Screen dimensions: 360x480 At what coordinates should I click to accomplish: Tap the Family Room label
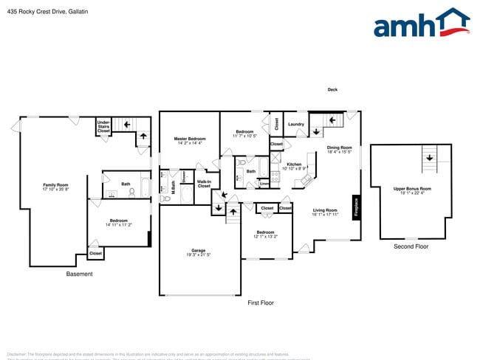[x=55, y=187]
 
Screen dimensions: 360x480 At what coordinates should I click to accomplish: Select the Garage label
[x=199, y=252]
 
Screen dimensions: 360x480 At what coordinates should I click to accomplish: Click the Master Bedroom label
[x=190, y=140]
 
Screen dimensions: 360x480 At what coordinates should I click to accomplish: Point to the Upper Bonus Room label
[x=412, y=190]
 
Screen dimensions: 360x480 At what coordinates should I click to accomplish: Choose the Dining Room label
[x=340, y=150]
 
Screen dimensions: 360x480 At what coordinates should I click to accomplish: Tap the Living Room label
[x=325, y=212]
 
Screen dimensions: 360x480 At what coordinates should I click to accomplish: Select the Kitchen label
[x=295, y=166]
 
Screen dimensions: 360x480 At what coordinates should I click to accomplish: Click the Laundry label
[x=296, y=124]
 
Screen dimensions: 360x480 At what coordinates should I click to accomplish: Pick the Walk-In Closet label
[x=204, y=184]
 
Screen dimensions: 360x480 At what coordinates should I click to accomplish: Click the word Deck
[x=332, y=90]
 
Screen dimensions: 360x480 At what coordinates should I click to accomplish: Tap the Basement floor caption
[x=79, y=274]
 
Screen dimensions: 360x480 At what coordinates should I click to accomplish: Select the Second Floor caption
[x=412, y=246]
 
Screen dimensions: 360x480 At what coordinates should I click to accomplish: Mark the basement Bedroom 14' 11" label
[x=118, y=222]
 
